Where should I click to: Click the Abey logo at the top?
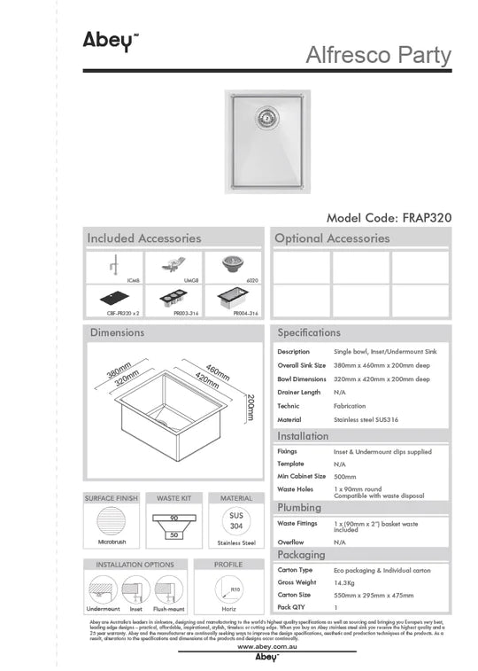click(x=104, y=40)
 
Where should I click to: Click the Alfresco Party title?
click(x=378, y=55)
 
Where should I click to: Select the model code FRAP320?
click(x=389, y=217)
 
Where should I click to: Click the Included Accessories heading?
click(x=144, y=238)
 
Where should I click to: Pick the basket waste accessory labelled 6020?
click(x=234, y=264)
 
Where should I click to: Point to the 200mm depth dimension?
click(x=251, y=407)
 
